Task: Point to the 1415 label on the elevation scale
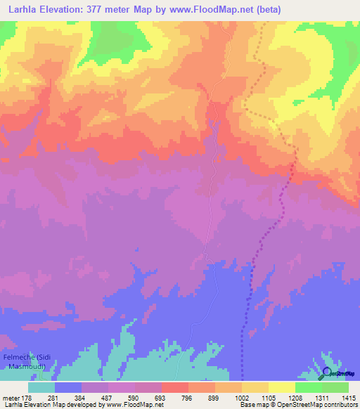[347, 398]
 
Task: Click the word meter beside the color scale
[9, 398]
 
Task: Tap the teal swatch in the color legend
[41, 387]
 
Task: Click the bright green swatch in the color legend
[308, 387]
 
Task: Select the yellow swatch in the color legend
[281, 387]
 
